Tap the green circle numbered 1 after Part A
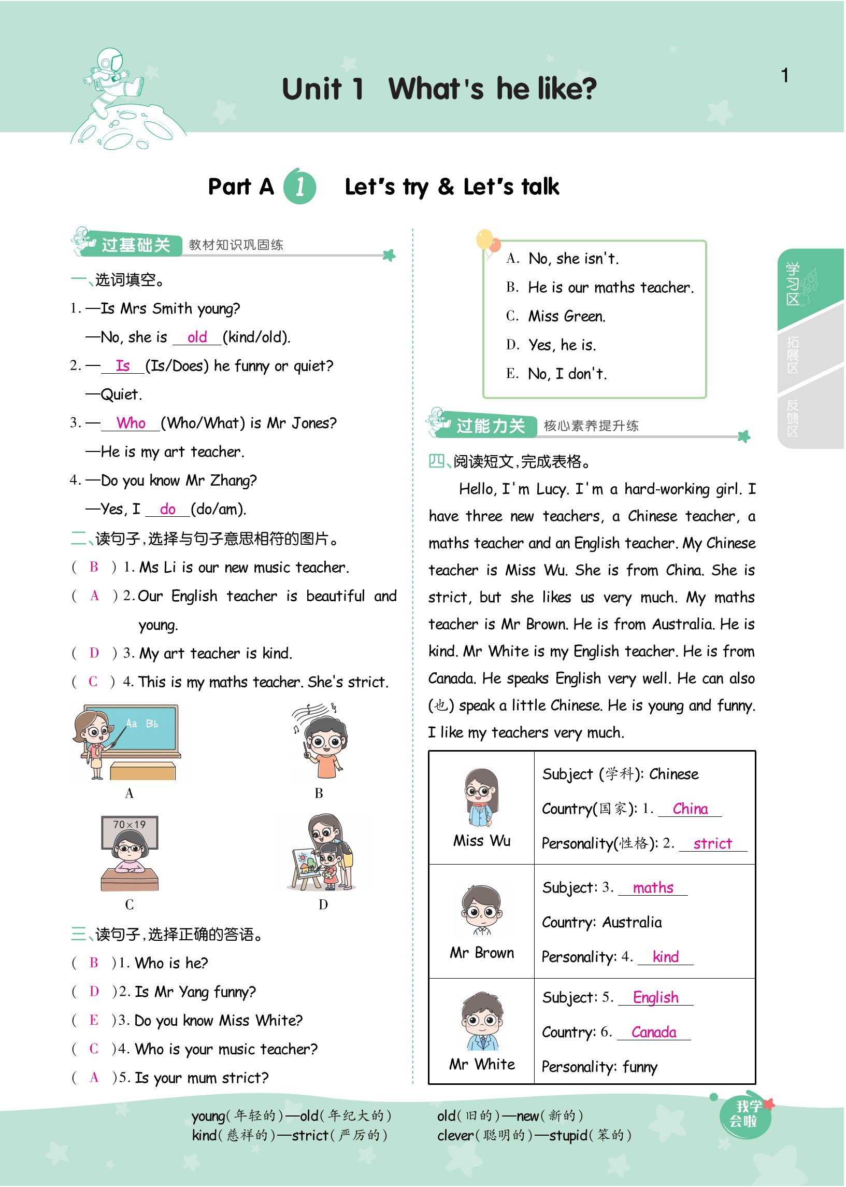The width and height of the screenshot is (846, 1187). [299, 187]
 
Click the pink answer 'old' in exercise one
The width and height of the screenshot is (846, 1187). [197, 337]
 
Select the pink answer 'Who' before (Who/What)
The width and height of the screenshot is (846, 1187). [131, 422]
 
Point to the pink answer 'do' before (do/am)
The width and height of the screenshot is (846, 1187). [167, 508]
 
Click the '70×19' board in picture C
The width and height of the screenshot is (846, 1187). [130, 825]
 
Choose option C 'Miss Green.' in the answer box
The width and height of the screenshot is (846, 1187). [566, 316]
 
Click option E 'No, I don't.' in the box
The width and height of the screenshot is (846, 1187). [567, 374]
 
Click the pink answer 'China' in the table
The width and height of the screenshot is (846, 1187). [690, 808]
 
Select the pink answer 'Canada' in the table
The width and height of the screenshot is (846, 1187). [654, 1031]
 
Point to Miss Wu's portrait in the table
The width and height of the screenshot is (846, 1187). [482, 798]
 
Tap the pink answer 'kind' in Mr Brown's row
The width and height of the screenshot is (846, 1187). [666, 957]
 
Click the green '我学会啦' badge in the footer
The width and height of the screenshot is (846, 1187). [745, 1115]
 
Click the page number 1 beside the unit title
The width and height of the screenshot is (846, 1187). [784, 76]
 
